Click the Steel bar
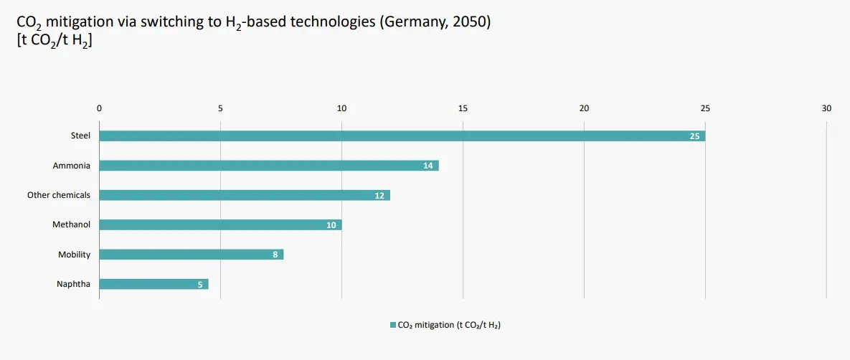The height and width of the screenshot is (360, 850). (x=402, y=136)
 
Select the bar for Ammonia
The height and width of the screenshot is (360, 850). (x=268, y=166)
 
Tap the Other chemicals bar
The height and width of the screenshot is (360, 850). (x=244, y=195)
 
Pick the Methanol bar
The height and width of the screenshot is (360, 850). (x=219, y=224)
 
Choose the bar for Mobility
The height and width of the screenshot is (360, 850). (x=191, y=255)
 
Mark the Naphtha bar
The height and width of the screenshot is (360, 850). (x=153, y=284)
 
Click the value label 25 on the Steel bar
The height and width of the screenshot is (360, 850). (x=694, y=136)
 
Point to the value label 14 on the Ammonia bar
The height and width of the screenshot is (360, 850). (x=428, y=166)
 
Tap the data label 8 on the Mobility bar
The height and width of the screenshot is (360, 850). (x=275, y=255)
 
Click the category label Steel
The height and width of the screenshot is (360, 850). (x=80, y=136)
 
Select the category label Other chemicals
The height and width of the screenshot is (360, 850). (x=59, y=195)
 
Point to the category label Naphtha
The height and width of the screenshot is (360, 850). (x=73, y=284)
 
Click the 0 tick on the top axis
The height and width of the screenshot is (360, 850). (x=99, y=108)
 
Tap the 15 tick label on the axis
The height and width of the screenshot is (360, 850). (x=463, y=108)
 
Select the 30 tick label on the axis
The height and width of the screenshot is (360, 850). (x=826, y=108)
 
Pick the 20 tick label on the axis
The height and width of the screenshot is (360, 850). (x=584, y=108)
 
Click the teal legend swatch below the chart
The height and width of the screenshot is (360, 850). (x=392, y=325)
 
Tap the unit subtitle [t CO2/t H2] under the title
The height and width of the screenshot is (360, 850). (x=54, y=41)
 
